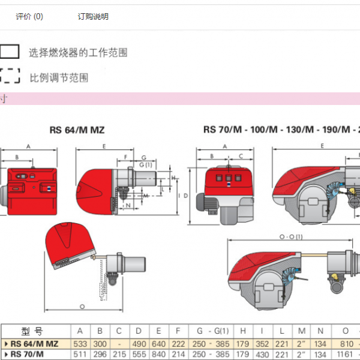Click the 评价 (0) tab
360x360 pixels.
pos(29,17)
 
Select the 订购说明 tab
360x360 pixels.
pos(94,17)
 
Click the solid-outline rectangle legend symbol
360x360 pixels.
pos(10,52)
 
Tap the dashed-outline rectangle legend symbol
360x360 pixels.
pos(10,77)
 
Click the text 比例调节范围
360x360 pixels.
pos(59,78)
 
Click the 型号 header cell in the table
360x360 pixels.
pos(32,332)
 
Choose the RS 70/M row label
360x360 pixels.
pos(28,354)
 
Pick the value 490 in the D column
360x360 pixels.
pos(139,344)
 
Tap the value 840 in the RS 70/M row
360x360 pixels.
pos(158,354)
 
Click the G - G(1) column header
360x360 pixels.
pos(209,332)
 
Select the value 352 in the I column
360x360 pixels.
pos(262,344)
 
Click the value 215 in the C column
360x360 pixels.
pos(119,354)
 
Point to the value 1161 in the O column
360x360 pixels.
pos(346,354)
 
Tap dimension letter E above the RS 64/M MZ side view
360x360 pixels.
pos(104,146)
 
